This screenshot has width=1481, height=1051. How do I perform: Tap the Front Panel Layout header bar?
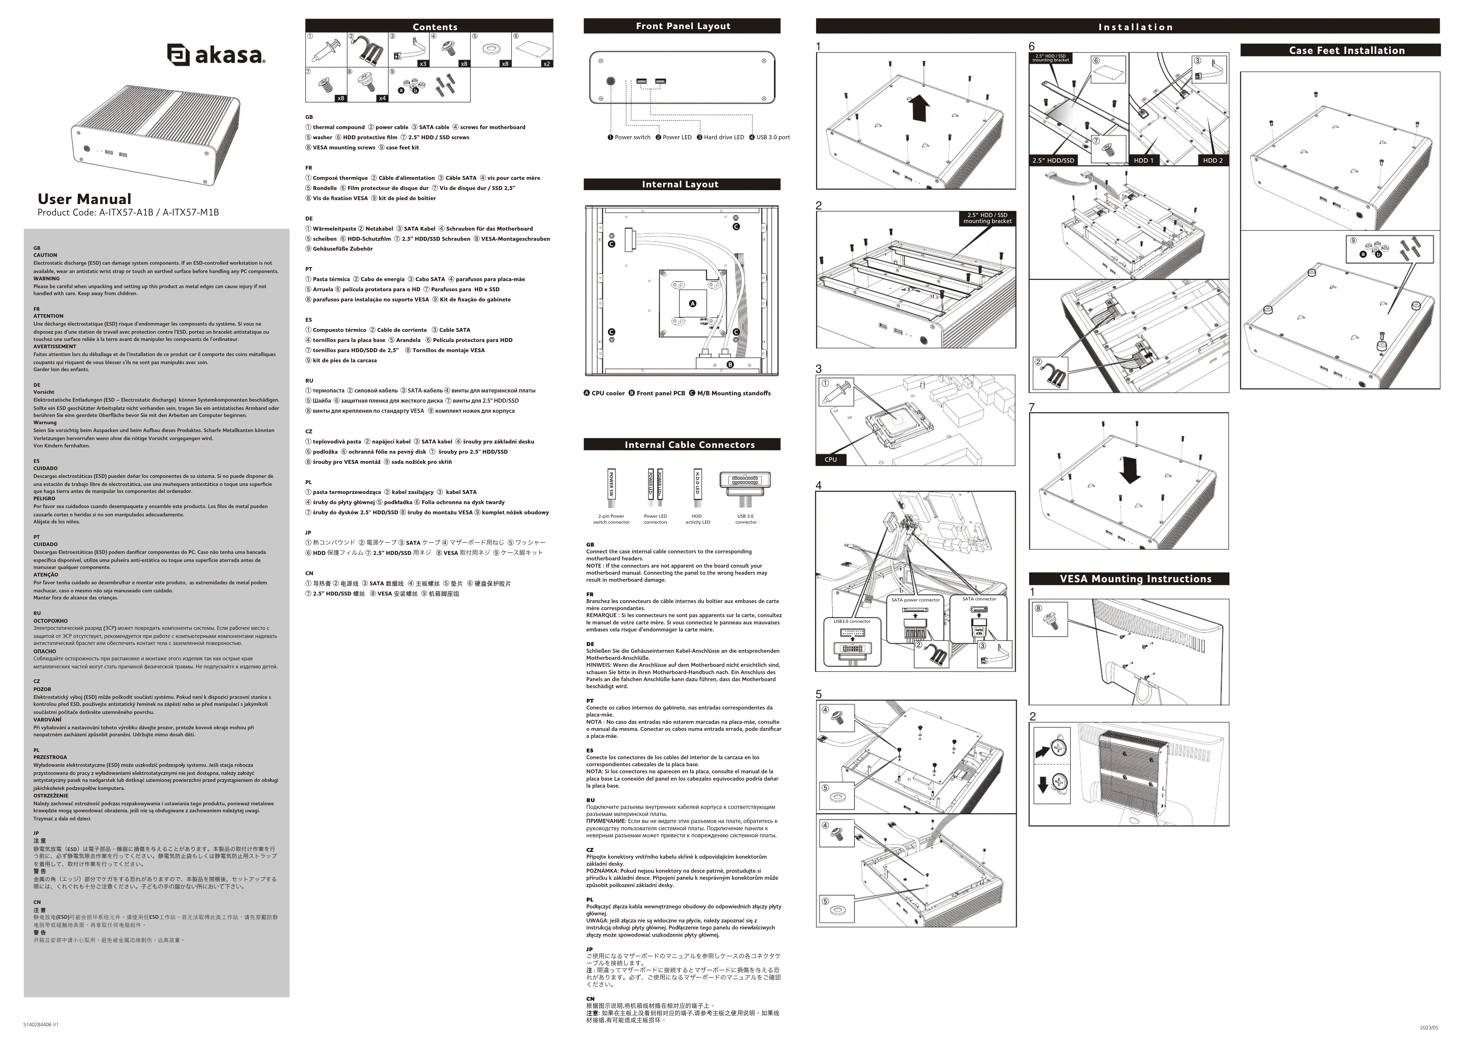pos(682,26)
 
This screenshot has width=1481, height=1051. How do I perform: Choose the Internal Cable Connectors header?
pos(689,445)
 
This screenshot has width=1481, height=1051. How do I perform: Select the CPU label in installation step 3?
pos(831,459)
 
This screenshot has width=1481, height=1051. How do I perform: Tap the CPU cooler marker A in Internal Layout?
pos(693,303)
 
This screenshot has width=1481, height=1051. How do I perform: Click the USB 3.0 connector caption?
pos(746,519)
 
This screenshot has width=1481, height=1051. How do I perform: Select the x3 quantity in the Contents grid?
pos(423,64)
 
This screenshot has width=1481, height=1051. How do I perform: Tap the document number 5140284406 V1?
pos(41,1024)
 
